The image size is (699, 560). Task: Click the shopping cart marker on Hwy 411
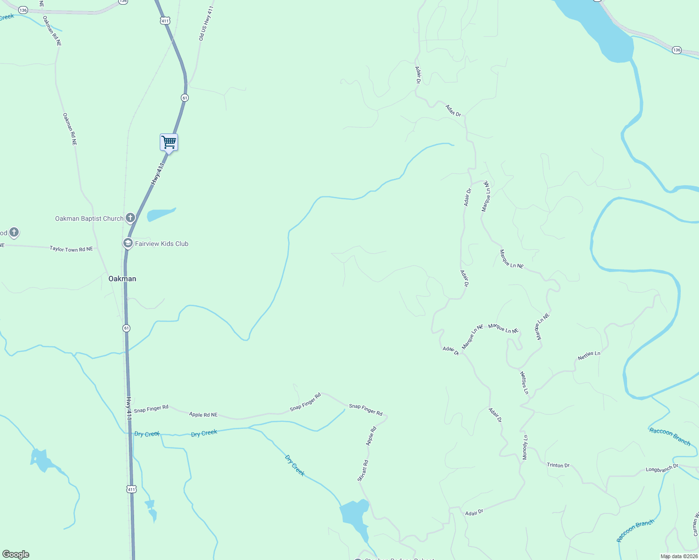coord(169,142)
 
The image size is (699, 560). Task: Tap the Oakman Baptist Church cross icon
coord(130,217)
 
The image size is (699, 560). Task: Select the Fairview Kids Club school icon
coord(128,243)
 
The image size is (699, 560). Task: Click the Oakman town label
coord(122,279)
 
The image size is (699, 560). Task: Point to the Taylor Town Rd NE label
coord(71,249)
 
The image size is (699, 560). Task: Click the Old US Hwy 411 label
coord(206,23)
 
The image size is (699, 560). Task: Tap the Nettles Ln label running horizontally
coord(589,356)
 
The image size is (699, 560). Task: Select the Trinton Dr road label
coord(558,465)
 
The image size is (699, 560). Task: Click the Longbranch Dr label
coord(662,469)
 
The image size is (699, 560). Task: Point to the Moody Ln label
coord(525,448)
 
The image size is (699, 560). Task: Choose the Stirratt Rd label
coord(363,470)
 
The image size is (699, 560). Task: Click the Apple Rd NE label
coord(203,414)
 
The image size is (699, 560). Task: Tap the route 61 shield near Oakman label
coord(127,328)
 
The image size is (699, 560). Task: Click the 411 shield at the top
coord(164,21)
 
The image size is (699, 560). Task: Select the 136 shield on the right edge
coord(677,50)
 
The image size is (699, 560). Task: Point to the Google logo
coord(15,554)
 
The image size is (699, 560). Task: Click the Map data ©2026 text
coord(679,556)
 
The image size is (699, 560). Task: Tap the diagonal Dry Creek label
coord(295,465)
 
